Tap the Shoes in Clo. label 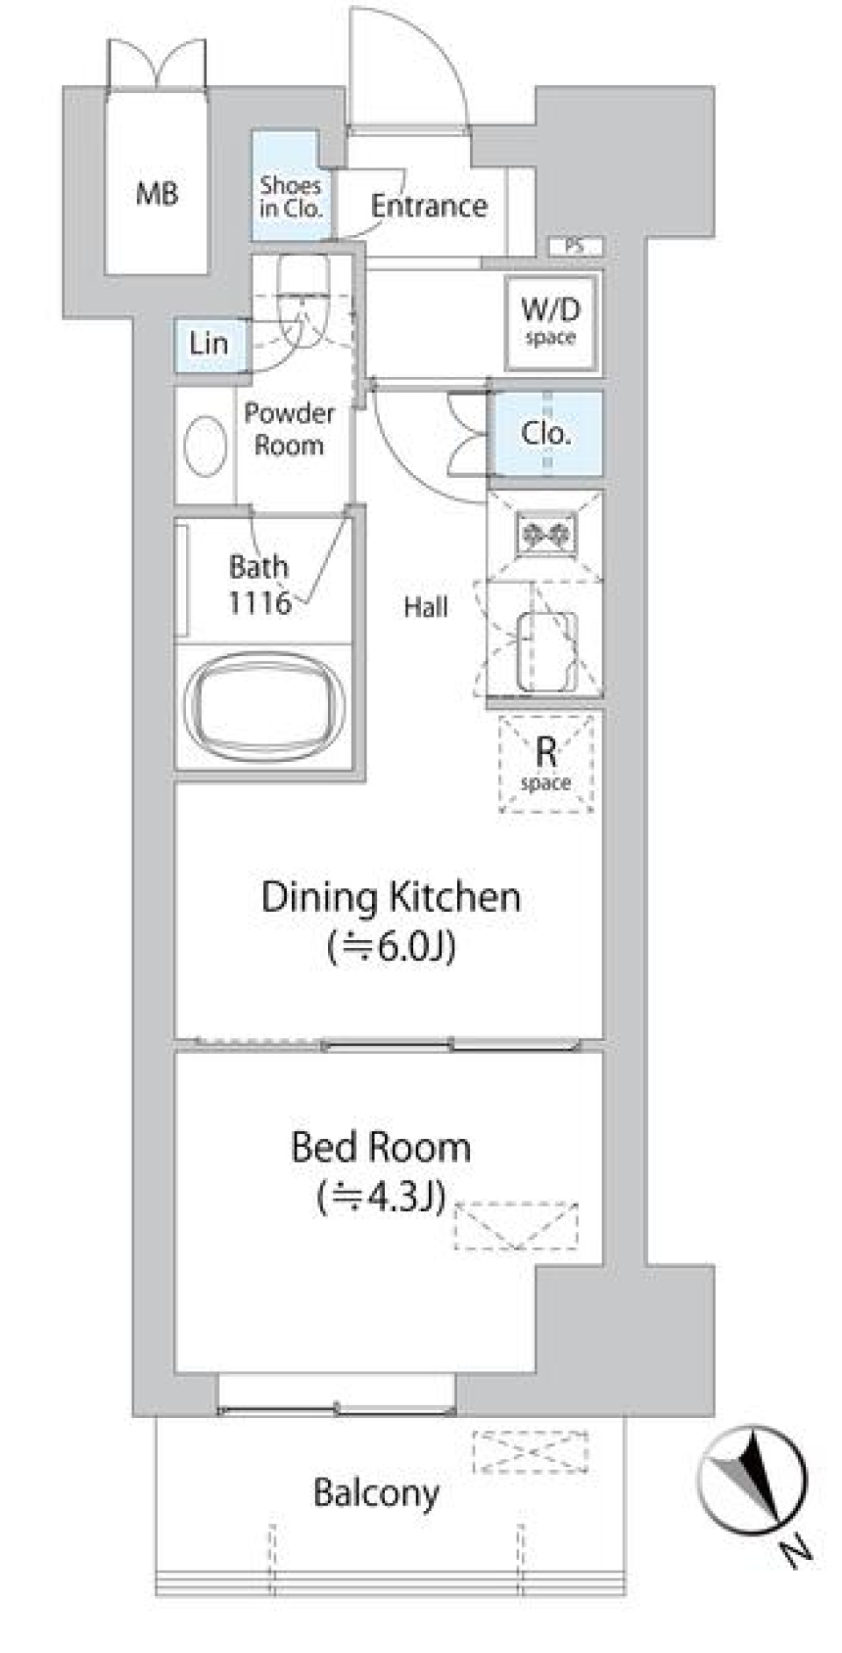point(290,196)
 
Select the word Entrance point(429,206)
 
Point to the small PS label point(574,246)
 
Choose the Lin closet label point(209,344)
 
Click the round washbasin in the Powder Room point(206,445)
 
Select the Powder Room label point(289,429)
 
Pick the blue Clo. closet point(546,433)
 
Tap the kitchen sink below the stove point(546,651)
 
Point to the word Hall point(425,607)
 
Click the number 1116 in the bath point(259,602)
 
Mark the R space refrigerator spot point(546,762)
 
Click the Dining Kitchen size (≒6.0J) point(391,947)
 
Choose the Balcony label point(376,1493)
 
